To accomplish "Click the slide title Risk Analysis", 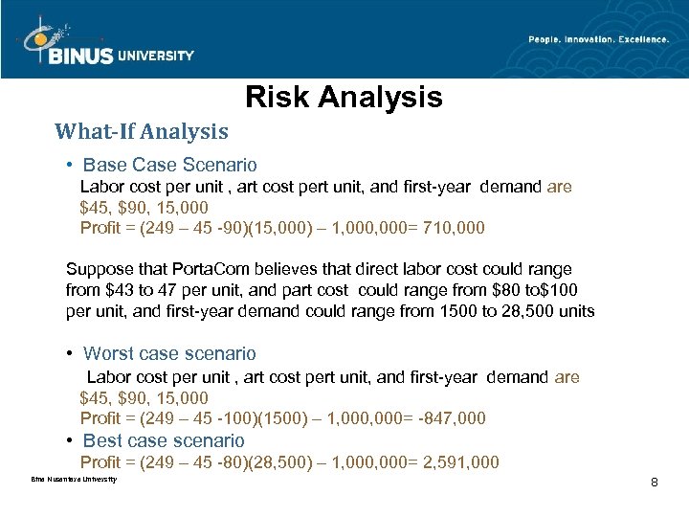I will pos(344,98).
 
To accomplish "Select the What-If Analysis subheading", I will pos(142,131).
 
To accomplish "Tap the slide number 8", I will pos(654,482).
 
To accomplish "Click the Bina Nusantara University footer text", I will pos(75,479).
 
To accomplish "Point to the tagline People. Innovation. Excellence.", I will pos(598,39).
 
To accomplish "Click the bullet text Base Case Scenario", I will pos(170,165).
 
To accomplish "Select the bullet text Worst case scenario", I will pos(169,354).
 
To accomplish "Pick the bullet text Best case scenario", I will pos(164,440).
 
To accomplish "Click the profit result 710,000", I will pos(453,228).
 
